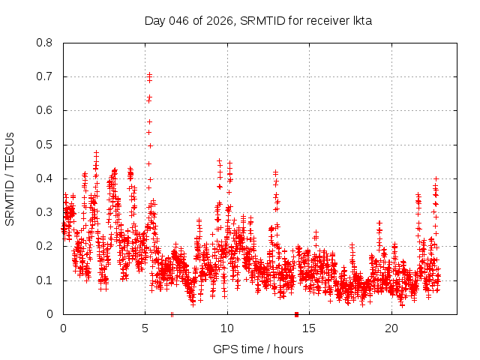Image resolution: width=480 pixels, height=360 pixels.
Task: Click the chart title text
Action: tap(258, 20)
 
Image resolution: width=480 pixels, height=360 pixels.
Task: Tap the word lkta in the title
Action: tap(361, 20)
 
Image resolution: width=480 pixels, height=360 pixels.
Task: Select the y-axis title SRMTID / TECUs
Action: tap(10, 178)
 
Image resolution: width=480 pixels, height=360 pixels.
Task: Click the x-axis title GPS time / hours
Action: tap(258, 349)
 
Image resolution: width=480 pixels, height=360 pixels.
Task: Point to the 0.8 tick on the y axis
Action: tap(45, 43)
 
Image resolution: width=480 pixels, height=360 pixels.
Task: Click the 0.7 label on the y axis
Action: tap(45, 76)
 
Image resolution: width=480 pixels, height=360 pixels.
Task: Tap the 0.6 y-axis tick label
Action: tap(45, 110)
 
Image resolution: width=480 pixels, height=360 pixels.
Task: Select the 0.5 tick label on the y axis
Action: tap(45, 145)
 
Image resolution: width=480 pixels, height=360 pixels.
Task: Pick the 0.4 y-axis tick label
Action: tap(45, 178)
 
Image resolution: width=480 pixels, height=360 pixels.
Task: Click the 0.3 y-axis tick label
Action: tap(45, 212)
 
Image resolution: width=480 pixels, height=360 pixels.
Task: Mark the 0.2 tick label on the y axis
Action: tap(45, 246)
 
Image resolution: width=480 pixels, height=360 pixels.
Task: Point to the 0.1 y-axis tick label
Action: tap(45, 280)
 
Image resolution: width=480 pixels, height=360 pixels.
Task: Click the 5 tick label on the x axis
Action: tap(145, 328)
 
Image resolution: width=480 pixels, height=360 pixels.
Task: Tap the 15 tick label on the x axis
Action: tap(310, 328)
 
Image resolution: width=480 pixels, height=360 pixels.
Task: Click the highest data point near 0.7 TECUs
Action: tap(150, 74)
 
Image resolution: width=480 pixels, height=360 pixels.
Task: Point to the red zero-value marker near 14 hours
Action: tap(296, 314)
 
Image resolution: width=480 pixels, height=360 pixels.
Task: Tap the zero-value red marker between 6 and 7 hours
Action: tap(172, 314)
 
